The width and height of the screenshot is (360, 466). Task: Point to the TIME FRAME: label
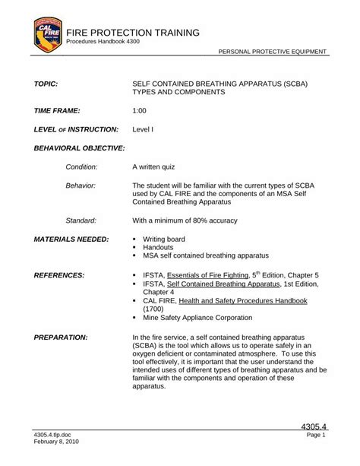pos(62,110)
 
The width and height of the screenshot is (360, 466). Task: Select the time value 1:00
pos(140,110)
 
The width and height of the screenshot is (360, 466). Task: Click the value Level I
pos(143,129)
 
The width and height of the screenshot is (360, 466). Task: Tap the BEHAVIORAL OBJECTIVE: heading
pos(79,147)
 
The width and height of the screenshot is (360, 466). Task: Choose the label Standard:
pos(81,220)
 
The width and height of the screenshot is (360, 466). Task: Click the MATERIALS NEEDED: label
pos(71,239)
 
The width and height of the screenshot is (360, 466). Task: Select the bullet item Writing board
pos(164,239)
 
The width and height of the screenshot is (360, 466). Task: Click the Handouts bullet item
pos(159,248)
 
